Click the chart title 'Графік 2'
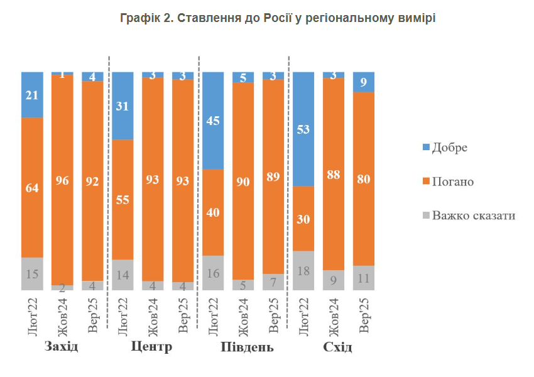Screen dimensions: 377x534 277,18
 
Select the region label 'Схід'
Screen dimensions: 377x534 337,347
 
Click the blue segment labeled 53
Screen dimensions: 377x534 303,129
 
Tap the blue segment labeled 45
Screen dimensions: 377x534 213,121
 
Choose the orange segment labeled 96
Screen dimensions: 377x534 62,180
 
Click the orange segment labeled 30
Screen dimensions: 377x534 303,219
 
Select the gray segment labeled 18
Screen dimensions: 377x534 303,270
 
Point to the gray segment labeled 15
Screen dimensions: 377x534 32,273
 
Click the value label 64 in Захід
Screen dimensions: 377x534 32,188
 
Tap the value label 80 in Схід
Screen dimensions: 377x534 363,179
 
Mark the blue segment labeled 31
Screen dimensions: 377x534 123,106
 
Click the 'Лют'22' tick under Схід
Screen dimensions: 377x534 303,317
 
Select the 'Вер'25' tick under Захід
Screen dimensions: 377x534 92,317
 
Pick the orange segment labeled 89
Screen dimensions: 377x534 273,177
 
